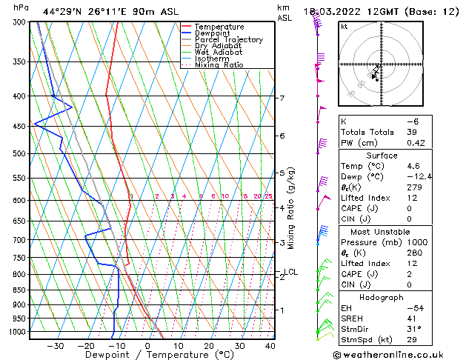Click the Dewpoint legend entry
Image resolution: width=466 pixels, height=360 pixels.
click(x=219, y=33)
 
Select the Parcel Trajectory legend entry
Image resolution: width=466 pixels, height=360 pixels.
click(x=228, y=39)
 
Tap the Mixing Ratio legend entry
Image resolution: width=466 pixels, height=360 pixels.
click(x=223, y=65)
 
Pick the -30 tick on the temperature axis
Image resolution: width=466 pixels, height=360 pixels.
click(x=56, y=346)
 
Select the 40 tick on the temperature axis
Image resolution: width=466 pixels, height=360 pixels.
click(x=270, y=346)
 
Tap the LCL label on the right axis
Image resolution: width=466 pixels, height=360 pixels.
click(x=292, y=273)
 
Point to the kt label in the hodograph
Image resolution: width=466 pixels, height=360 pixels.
click(x=344, y=27)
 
